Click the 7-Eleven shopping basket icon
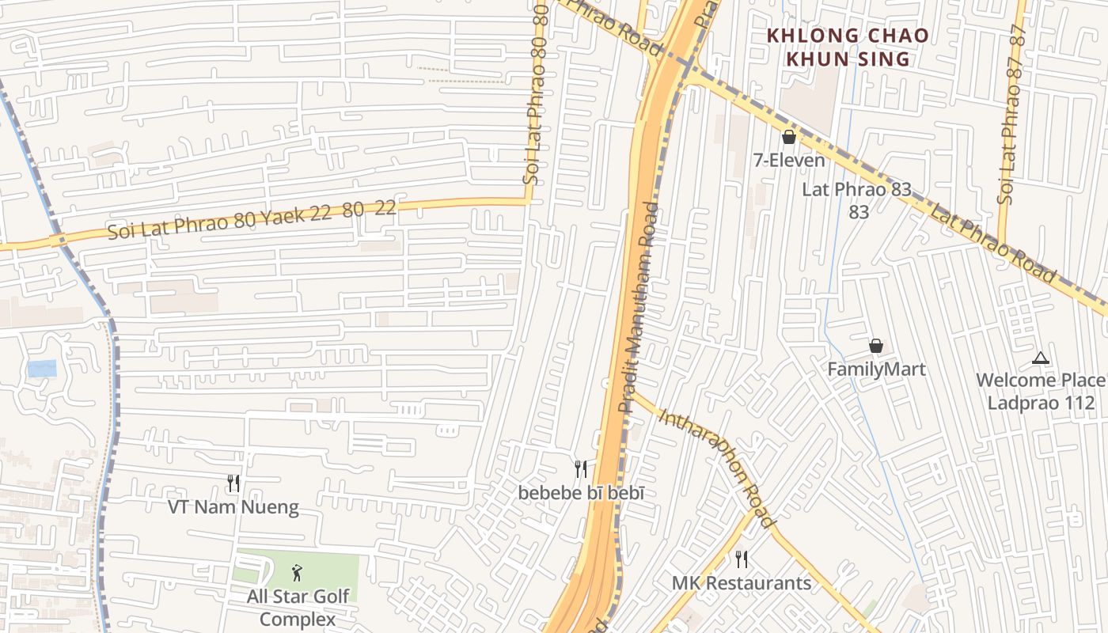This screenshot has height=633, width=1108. (788, 137)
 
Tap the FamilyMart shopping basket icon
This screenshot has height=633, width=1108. (876, 346)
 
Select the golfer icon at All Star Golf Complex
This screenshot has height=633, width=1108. (297, 572)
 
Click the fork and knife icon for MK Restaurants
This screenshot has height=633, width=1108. (742, 559)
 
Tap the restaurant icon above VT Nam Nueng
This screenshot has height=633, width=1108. (233, 483)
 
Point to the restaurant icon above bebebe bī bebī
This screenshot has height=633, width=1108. (581, 469)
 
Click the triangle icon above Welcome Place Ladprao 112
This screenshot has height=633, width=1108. (1041, 358)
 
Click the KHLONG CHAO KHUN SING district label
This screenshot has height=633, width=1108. (848, 47)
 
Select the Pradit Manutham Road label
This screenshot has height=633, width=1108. (639, 307)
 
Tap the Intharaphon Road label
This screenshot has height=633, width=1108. (715, 467)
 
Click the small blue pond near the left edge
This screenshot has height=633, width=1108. (42, 368)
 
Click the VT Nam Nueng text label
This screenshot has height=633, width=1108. (233, 507)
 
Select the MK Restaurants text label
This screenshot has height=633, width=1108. (742, 583)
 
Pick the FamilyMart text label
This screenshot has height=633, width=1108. (876, 370)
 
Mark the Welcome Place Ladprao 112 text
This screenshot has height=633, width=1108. (1040, 391)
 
